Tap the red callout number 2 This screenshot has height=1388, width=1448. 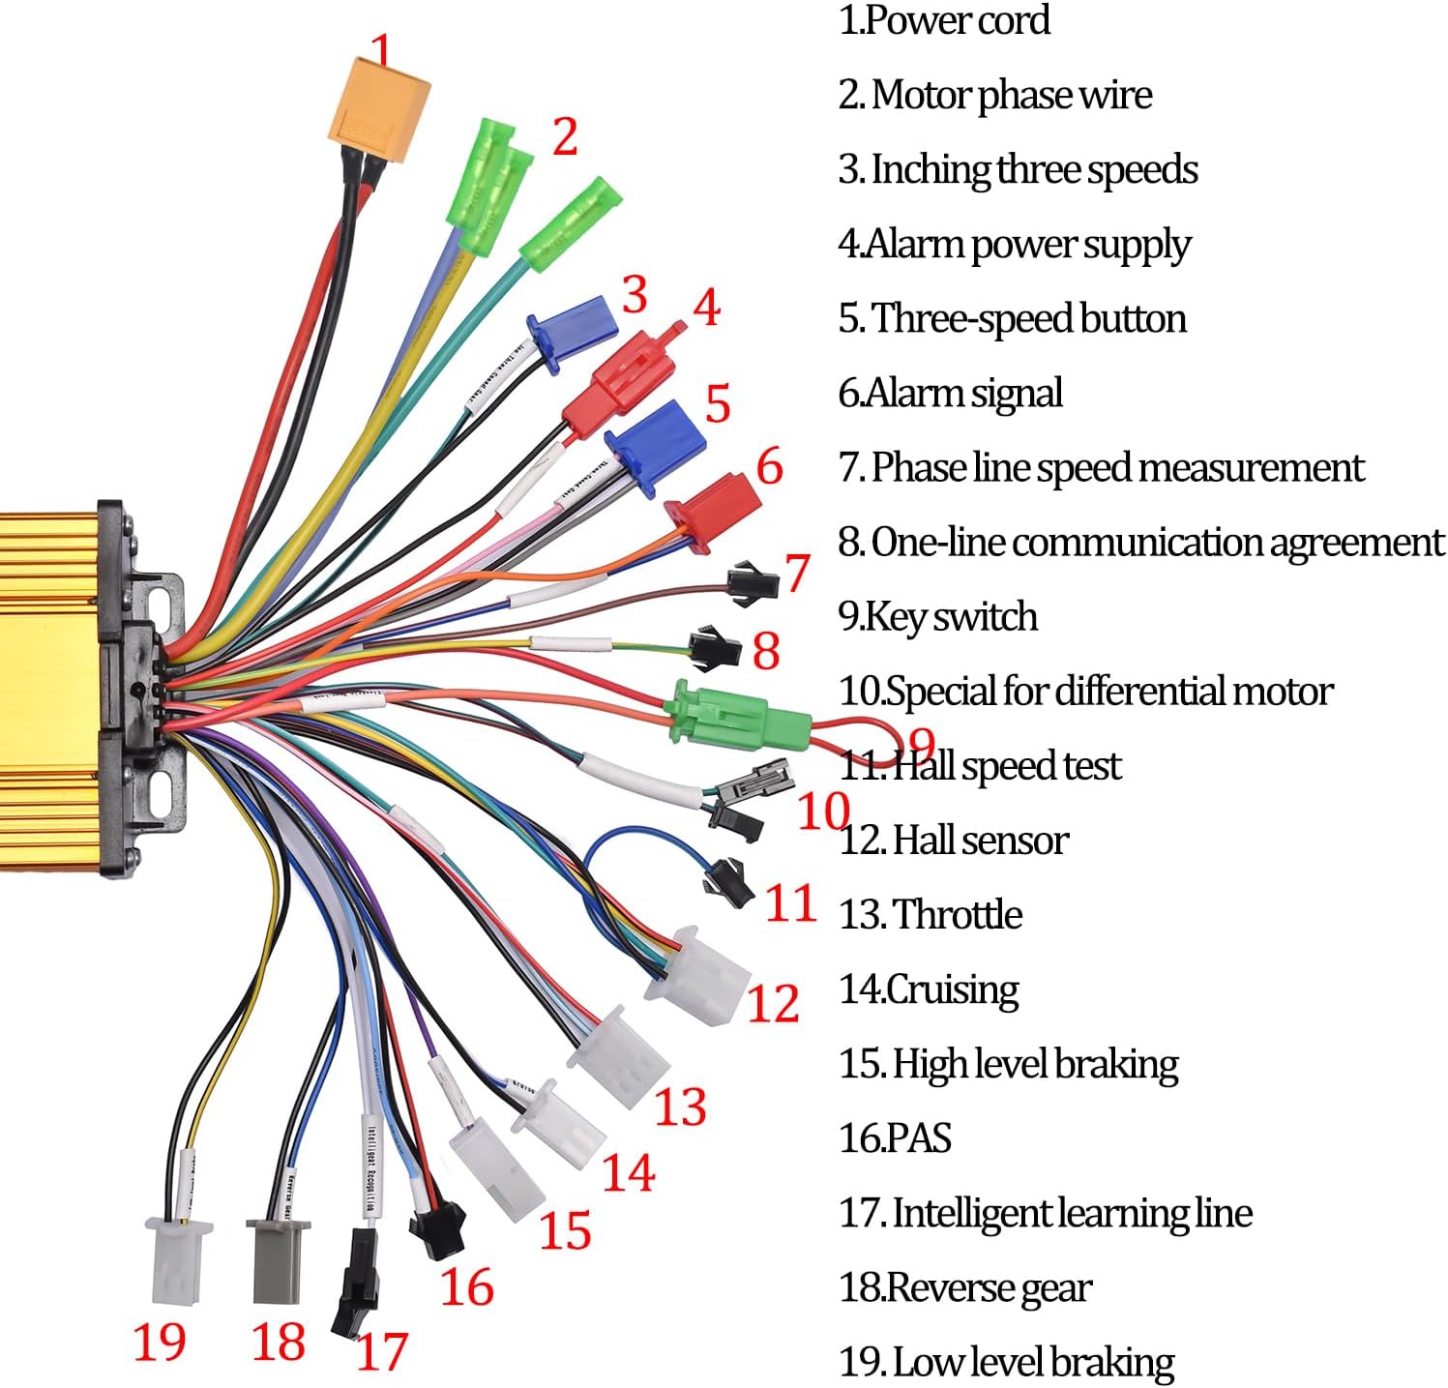(565, 136)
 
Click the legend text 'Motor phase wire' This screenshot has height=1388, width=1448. (1011, 95)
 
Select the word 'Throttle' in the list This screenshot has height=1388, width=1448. (957, 914)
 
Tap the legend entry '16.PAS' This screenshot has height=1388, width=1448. (895, 1137)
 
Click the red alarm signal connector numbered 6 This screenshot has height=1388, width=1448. (714, 507)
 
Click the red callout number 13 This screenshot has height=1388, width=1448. (681, 1107)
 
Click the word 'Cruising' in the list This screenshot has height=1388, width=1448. (952, 989)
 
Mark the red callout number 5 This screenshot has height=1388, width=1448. (717, 403)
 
